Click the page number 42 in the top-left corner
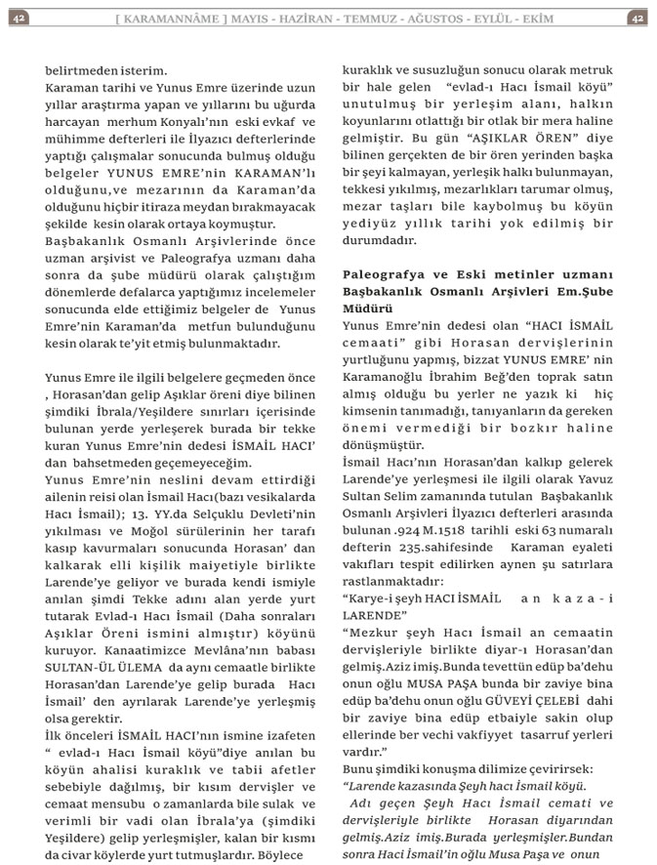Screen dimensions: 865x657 point(20,17)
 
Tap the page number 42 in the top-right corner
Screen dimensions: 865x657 point(636,17)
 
